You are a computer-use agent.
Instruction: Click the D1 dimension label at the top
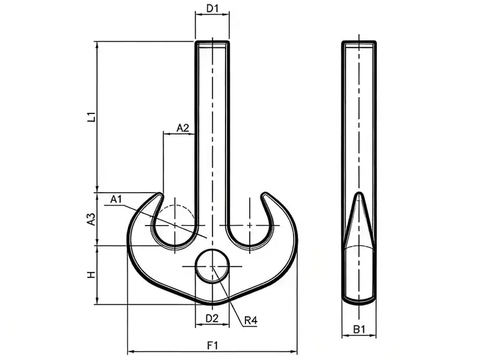point(212,8)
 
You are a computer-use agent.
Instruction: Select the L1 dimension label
point(92,117)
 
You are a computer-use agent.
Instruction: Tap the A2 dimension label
point(183,128)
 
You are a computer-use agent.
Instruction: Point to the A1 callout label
point(116,199)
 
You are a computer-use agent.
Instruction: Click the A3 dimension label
point(92,219)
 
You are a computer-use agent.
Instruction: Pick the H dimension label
point(92,275)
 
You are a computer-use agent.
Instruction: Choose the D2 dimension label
point(212,319)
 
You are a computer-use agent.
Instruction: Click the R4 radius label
point(251,320)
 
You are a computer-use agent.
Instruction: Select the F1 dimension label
point(212,346)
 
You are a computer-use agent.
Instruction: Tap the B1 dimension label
point(359,329)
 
